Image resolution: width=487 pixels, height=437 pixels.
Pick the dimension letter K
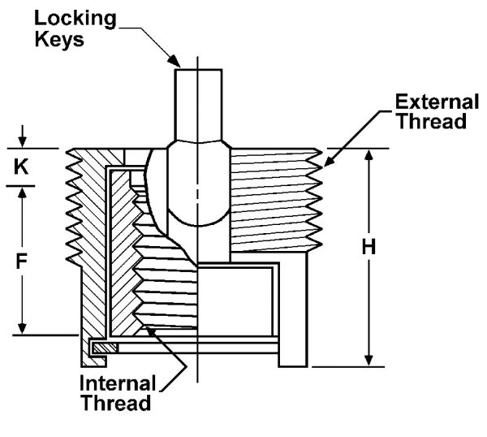tap(22, 167)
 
